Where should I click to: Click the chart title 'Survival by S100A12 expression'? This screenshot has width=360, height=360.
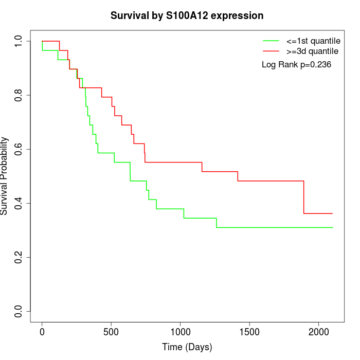pos(187,16)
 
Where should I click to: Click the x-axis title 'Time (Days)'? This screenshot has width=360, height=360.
pos(187,347)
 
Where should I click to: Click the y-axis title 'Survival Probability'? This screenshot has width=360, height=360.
pos(5,176)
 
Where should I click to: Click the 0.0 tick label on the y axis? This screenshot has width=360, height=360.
pos(19,311)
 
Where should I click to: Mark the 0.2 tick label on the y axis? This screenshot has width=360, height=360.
pos(19,257)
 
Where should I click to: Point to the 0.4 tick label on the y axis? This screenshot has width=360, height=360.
pos(19,203)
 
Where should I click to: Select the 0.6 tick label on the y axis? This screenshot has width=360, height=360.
pos(19,149)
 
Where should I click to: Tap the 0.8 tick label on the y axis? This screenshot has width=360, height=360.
pos(19,95)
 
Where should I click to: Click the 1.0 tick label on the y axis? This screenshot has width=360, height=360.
pos(19,41)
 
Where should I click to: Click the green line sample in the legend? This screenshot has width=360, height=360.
pos(272,41)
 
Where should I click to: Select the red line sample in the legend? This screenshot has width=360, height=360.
pos(272,51)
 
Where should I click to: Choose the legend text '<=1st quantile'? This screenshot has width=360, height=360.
pos(313,41)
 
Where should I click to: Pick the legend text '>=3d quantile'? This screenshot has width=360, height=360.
pos(312,51)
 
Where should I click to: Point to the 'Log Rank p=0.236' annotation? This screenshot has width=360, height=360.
pos(296,65)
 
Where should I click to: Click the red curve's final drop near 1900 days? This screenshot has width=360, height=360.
pos(304,197)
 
